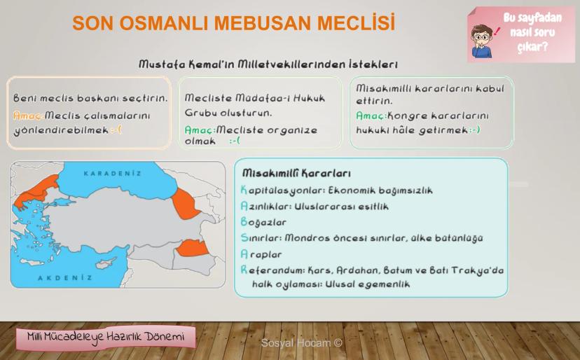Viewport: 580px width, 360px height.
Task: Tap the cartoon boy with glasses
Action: click(482, 41)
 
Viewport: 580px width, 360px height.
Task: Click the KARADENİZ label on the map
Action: click(113, 174)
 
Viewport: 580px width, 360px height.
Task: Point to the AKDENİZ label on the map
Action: click(65, 278)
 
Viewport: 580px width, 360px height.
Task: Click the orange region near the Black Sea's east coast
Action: click(185, 204)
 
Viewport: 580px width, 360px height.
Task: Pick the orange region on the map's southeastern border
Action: click(193, 248)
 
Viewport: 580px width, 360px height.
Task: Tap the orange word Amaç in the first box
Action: click(28, 116)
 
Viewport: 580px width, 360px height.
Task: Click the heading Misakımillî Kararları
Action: click(296, 173)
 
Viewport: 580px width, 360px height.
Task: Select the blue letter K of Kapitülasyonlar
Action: click(244, 191)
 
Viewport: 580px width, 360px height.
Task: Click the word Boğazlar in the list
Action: click(263, 222)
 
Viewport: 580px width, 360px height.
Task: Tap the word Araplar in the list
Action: click(261, 254)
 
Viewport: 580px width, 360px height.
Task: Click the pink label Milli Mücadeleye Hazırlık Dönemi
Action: click(106, 337)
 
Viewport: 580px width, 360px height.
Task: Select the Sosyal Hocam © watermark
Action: click(301, 343)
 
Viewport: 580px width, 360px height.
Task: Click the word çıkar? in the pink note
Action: click(532, 47)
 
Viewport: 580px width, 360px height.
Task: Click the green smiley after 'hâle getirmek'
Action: click(475, 130)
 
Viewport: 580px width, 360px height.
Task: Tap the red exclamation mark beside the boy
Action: click(497, 32)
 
